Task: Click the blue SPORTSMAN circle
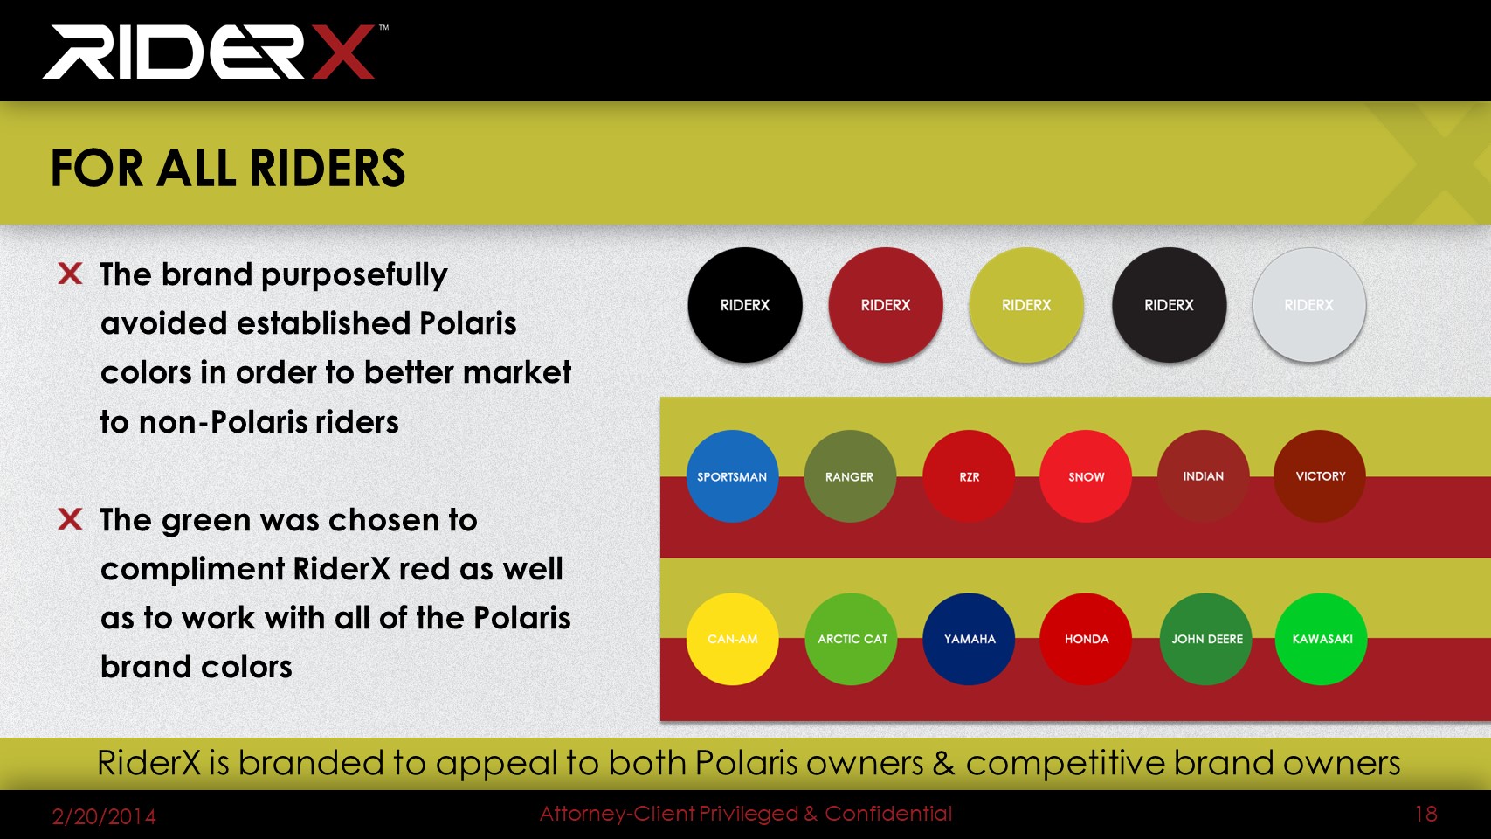(x=732, y=476)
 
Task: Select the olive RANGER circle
(x=850, y=476)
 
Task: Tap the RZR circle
(x=969, y=476)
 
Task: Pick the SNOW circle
(x=1086, y=476)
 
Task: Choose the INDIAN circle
(x=1204, y=476)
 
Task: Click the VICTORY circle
(x=1320, y=476)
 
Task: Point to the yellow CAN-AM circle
(x=732, y=639)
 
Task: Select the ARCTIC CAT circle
(x=852, y=639)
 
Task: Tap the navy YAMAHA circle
(x=969, y=639)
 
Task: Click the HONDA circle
(x=1086, y=639)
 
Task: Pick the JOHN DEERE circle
(x=1206, y=639)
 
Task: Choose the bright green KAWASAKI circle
(x=1322, y=639)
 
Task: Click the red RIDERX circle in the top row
(x=886, y=305)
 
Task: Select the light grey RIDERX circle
(x=1309, y=305)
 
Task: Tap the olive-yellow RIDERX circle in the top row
(x=1026, y=305)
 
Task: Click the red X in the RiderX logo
(x=343, y=52)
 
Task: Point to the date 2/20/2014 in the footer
(x=104, y=816)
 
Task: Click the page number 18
(x=1425, y=814)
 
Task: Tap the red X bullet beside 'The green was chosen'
(x=70, y=519)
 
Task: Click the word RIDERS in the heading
(x=328, y=168)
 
